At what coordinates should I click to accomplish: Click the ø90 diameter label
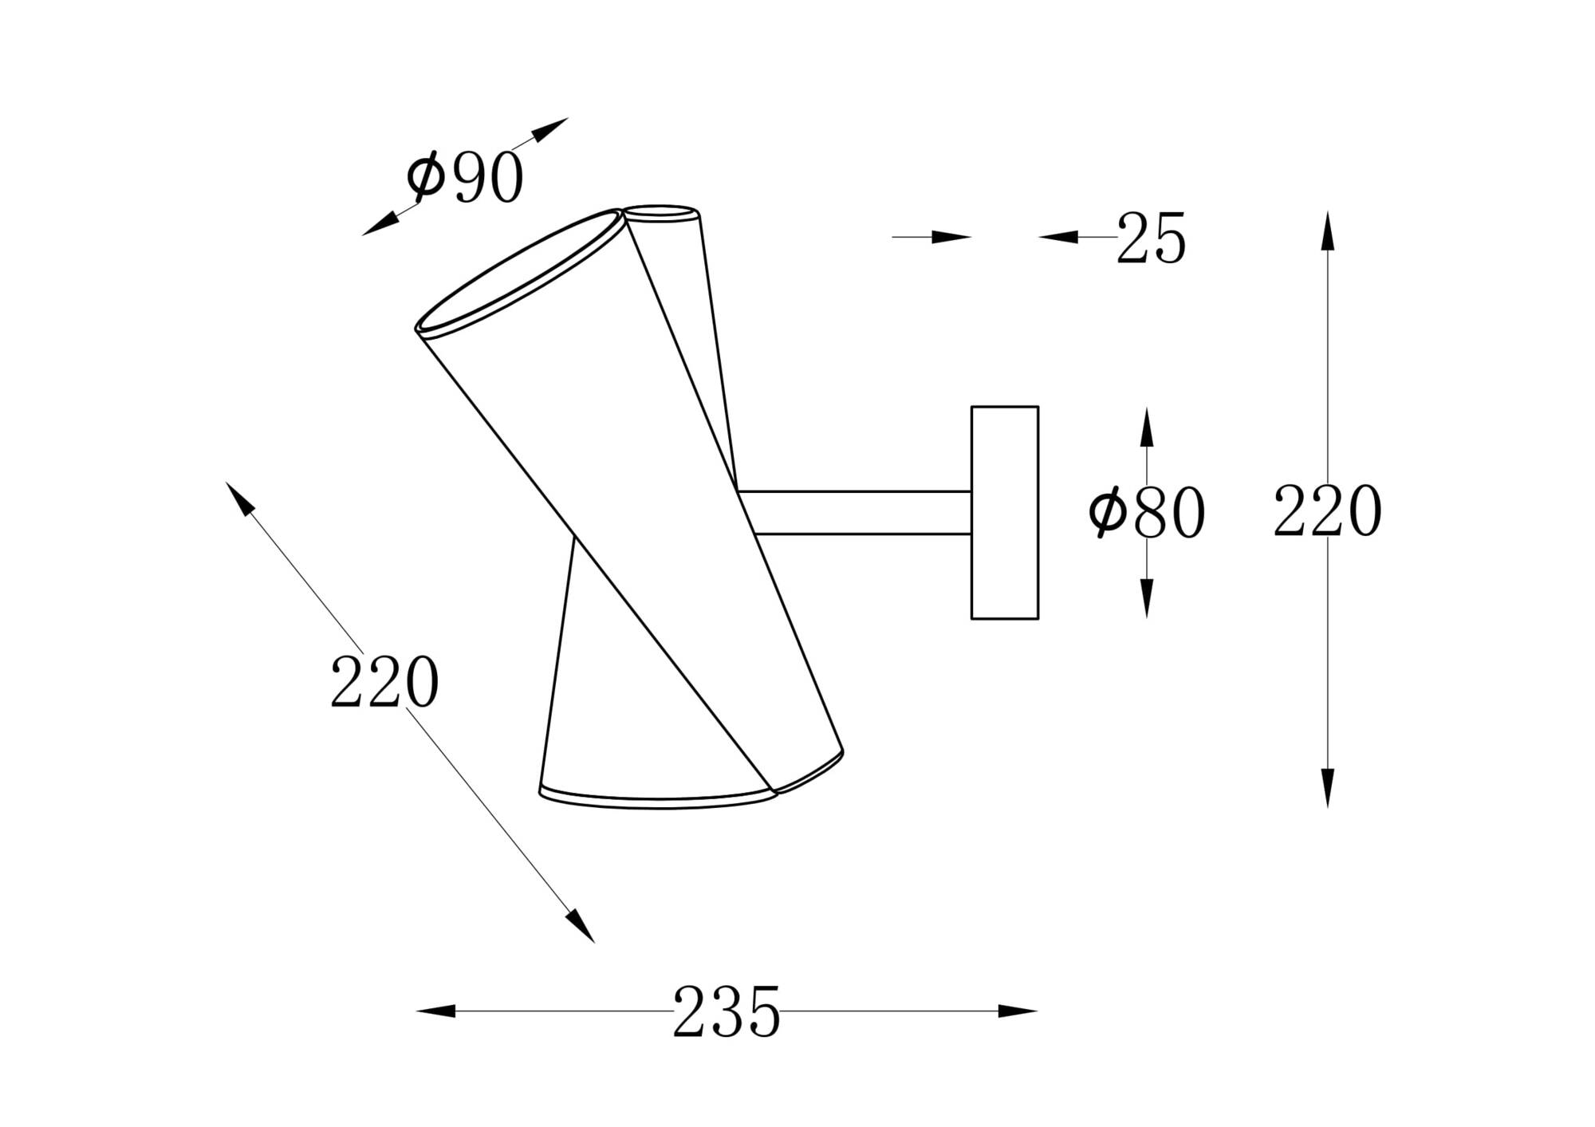click(465, 177)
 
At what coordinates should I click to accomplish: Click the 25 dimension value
click(1151, 238)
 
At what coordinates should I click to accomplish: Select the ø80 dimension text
click(1147, 513)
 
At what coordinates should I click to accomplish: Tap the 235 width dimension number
click(726, 1011)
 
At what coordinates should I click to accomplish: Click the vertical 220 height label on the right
click(1327, 511)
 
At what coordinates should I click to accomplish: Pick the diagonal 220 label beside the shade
click(384, 681)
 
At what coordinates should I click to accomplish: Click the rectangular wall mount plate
click(1004, 512)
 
